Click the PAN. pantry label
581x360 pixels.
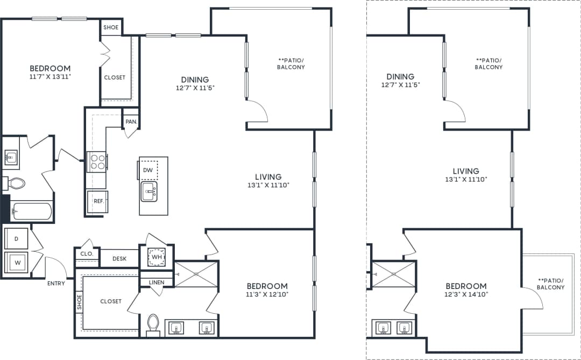click(x=131, y=122)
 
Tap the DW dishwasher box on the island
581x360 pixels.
click(x=148, y=170)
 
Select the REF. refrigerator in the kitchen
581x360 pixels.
click(x=98, y=201)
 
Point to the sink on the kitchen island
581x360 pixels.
click(x=149, y=190)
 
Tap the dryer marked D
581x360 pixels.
click(x=16, y=238)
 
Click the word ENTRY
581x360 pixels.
click(x=56, y=283)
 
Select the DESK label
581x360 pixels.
click(x=119, y=259)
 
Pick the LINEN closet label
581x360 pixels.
click(x=157, y=281)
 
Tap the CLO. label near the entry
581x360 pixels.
click(x=87, y=253)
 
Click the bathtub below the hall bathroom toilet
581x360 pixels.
click(x=31, y=211)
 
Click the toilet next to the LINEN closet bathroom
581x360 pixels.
click(x=153, y=324)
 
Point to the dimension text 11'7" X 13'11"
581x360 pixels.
click(x=50, y=77)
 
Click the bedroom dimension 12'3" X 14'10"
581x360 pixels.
click(x=466, y=294)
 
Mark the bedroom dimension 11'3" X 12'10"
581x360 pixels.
click(x=267, y=294)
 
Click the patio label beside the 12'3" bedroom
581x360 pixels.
click(x=551, y=284)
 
